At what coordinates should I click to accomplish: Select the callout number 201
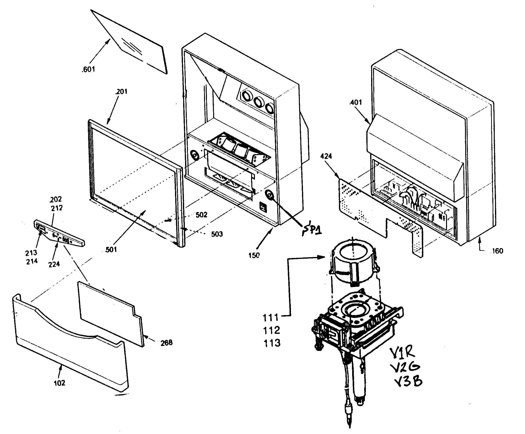[121, 92]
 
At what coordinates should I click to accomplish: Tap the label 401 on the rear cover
[356, 103]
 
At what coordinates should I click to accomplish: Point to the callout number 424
[326, 157]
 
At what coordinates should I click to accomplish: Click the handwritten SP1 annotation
[312, 228]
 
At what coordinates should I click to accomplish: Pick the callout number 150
[254, 255]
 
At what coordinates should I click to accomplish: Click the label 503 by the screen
[217, 234]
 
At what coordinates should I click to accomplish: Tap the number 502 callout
[201, 215]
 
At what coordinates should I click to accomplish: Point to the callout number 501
[111, 250]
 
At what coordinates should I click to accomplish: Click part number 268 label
[166, 342]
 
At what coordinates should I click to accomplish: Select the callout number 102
[60, 383]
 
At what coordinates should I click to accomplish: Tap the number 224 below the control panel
[54, 264]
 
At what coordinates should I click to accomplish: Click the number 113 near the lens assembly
[272, 343]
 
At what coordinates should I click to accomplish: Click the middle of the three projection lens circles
[259, 102]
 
